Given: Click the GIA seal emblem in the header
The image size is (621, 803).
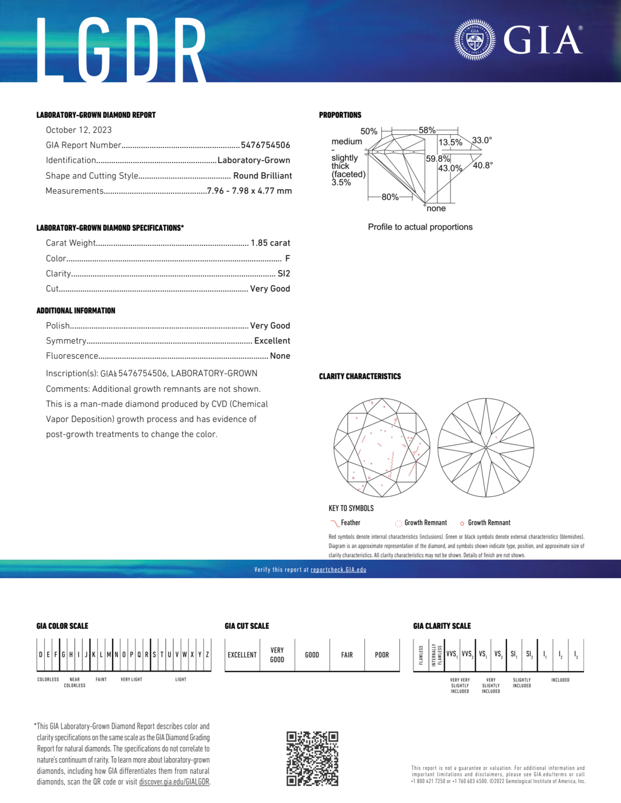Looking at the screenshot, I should (x=475, y=39).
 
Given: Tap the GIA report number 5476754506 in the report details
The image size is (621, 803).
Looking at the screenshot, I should (x=265, y=145).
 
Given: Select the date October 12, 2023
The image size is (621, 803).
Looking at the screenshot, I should (x=79, y=130).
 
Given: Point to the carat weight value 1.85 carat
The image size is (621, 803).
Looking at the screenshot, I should (x=270, y=243).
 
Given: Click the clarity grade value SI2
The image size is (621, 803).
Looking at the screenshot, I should (x=284, y=273).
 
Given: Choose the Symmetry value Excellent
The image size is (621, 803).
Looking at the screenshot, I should (x=272, y=341).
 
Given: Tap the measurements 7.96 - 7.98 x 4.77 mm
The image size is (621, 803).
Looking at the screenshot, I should (x=249, y=191).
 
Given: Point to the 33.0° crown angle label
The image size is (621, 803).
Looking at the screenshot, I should (x=482, y=140).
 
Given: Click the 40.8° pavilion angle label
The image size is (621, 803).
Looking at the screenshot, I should (x=483, y=166).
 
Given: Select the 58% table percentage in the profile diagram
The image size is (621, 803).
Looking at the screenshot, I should (x=427, y=130).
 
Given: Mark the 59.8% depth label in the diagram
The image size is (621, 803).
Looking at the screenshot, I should (x=438, y=159).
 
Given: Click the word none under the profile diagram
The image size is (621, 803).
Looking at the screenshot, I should (x=436, y=208).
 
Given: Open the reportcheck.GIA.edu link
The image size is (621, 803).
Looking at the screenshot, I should (x=338, y=570).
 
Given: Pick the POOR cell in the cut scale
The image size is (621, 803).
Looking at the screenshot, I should (x=382, y=655).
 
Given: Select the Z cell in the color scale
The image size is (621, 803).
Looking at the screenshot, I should (x=208, y=654).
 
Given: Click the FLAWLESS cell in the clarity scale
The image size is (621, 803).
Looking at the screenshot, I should (x=421, y=655).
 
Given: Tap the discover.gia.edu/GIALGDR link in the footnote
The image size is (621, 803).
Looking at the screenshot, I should (x=174, y=782).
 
